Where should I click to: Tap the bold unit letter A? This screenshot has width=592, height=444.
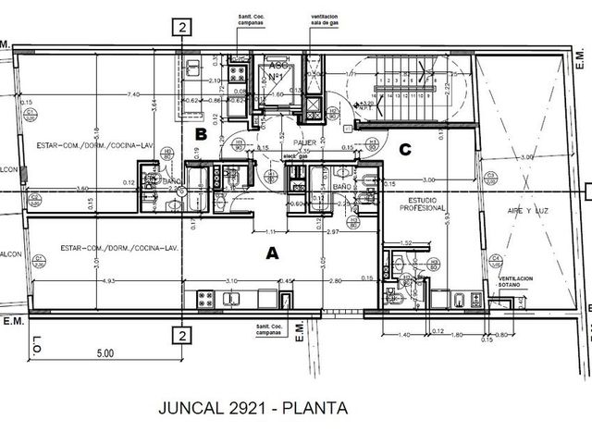(271, 252)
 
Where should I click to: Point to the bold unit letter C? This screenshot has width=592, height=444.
(404, 149)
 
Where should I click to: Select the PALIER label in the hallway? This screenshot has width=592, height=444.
(306, 142)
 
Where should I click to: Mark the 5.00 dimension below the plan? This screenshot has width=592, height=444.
(105, 352)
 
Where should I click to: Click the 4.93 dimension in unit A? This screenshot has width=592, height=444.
(108, 280)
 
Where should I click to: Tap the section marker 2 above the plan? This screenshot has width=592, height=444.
(184, 27)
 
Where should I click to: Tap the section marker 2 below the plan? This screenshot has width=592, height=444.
(184, 335)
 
